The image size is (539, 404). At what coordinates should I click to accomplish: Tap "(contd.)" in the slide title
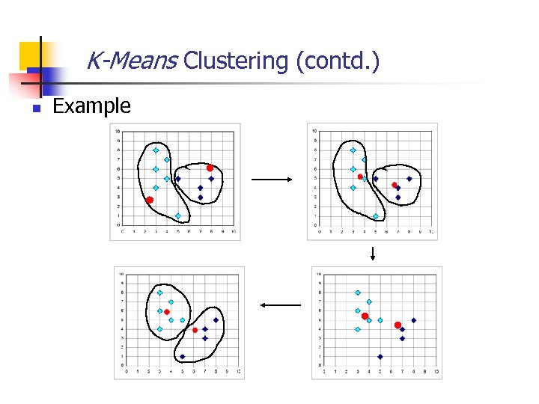click(338, 61)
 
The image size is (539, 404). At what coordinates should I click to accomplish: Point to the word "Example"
click(91, 106)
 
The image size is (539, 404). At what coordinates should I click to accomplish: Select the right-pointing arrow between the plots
click(272, 180)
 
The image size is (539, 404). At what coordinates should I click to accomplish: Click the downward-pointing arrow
click(372, 253)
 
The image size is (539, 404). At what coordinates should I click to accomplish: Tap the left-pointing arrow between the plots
click(280, 304)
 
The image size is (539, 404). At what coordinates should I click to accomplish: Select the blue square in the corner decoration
click(43, 75)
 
